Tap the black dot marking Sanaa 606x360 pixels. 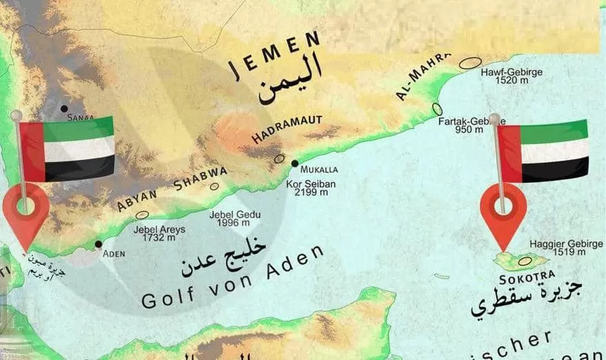pyautogui.click(x=63, y=108)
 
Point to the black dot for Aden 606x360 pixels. pyautogui.click(x=99, y=244)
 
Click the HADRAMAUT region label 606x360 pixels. pyautogui.click(x=286, y=129)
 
